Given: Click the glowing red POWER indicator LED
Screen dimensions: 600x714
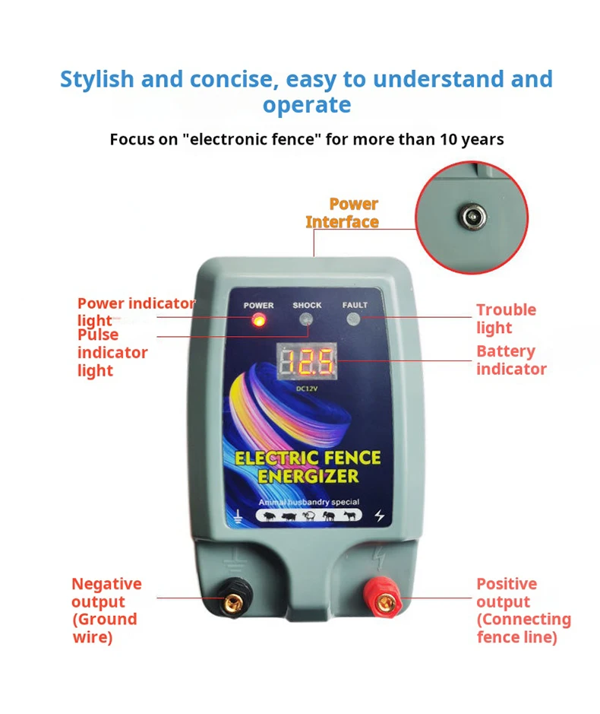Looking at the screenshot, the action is pyautogui.click(x=258, y=320).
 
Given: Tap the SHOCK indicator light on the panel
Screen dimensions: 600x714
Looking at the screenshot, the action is pyautogui.click(x=306, y=319).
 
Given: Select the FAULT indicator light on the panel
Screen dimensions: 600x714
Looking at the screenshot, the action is pyautogui.click(x=354, y=319).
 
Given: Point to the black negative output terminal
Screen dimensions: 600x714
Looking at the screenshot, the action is pyautogui.click(x=232, y=603).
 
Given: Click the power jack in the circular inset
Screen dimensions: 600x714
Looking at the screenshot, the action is pyautogui.click(x=471, y=219).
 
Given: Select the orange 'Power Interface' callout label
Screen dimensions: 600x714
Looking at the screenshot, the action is pyautogui.click(x=343, y=213).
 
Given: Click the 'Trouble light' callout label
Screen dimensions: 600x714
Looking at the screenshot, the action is pyautogui.click(x=506, y=319).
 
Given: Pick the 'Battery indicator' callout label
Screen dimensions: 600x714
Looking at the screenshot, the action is pyautogui.click(x=511, y=360).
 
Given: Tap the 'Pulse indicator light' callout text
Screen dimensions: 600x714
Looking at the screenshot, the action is pyautogui.click(x=112, y=352).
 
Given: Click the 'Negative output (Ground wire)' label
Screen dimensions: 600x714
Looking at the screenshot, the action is pyautogui.click(x=106, y=611).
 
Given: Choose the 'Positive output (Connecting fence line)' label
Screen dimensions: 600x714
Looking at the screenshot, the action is pyautogui.click(x=523, y=611).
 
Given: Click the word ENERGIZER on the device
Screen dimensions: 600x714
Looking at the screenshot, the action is pyautogui.click(x=308, y=477).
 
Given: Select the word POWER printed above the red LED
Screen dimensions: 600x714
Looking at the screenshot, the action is pyautogui.click(x=258, y=305).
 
